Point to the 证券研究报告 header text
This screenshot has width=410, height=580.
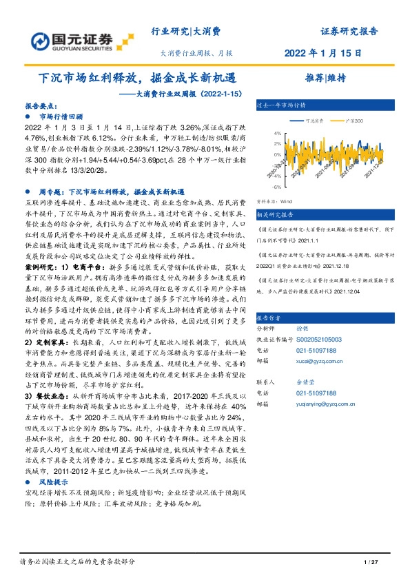click(349, 32)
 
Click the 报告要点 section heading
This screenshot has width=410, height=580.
click(41, 107)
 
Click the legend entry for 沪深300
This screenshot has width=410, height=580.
click(356, 121)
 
